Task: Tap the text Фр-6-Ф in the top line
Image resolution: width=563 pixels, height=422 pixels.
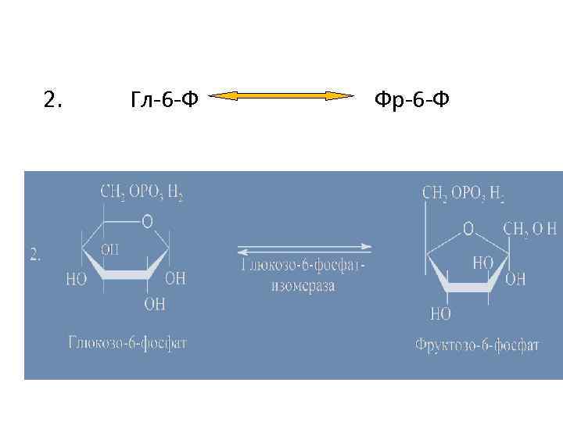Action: tap(411, 99)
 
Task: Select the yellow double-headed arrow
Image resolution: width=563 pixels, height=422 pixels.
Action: tap(283, 96)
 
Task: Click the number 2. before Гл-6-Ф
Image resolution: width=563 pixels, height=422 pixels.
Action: tap(55, 99)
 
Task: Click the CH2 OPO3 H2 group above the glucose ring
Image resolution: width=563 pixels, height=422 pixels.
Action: tap(142, 191)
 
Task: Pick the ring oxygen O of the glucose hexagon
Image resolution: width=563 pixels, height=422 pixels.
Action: tap(147, 222)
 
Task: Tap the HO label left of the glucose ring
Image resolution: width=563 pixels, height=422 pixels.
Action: tap(77, 279)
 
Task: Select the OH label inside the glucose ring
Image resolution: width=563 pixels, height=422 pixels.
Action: tap(110, 249)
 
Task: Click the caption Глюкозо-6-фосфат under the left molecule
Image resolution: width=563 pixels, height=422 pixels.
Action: tap(127, 342)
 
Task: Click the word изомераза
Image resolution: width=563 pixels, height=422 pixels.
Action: tap(303, 285)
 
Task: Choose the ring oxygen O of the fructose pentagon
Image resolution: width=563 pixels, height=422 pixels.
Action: tap(468, 228)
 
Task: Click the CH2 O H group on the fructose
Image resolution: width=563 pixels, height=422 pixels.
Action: tap(529, 228)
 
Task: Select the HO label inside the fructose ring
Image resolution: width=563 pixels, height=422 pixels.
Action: tap(482, 264)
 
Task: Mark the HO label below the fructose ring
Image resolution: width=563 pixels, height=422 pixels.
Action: tap(440, 314)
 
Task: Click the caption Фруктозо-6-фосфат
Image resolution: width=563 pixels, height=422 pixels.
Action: tap(477, 344)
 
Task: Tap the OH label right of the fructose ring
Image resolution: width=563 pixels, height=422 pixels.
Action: tap(515, 279)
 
